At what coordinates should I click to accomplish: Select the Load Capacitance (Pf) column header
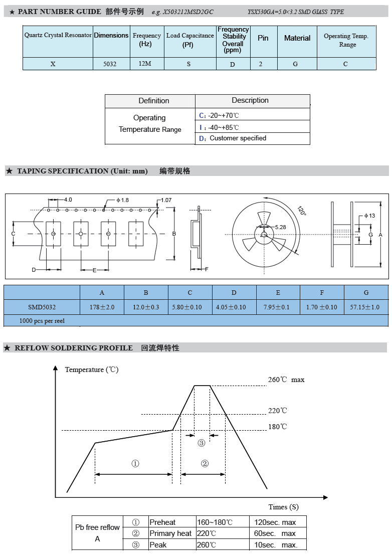[190, 40]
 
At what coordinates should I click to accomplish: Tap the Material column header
[297, 38]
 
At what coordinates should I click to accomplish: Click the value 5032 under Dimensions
[110, 64]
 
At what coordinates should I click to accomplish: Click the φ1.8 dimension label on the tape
[122, 200]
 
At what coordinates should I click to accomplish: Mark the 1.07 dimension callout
[165, 200]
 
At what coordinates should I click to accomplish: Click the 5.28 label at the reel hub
[280, 227]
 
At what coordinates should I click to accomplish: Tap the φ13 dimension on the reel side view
[369, 216]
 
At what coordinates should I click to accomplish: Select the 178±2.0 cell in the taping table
[102, 307]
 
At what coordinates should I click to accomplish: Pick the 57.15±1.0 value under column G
[366, 307]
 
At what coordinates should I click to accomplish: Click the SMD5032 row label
[42, 307]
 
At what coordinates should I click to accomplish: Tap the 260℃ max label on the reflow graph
[286, 380]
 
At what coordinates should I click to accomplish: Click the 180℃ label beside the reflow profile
[277, 427]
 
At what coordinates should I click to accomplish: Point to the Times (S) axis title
[283, 507]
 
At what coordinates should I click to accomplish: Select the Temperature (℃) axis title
[92, 369]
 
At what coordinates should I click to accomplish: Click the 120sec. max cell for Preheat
[275, 522]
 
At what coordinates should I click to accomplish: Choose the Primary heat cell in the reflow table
[170, 533]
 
